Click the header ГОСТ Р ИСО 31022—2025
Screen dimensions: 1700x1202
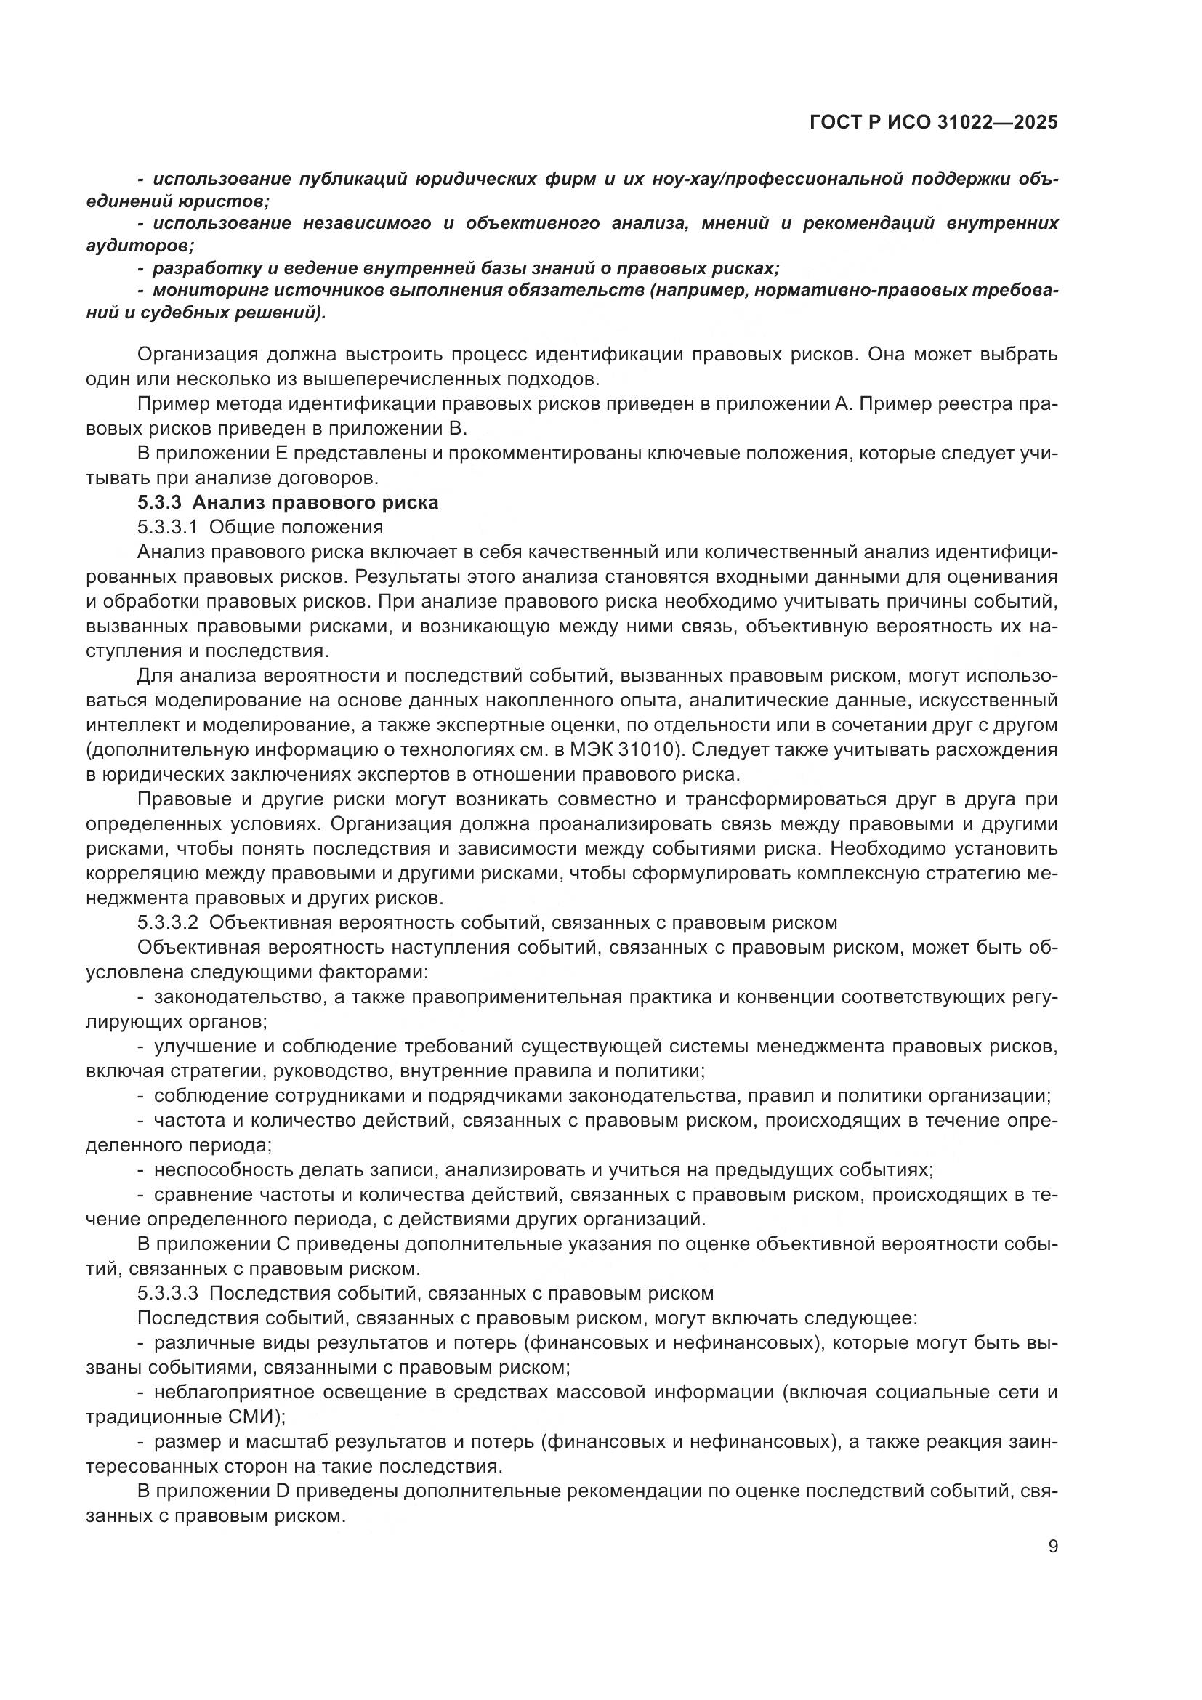933,123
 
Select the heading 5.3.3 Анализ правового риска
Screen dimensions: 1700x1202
288,503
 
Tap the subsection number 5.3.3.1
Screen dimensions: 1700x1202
168,527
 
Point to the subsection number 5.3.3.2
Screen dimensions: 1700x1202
168,922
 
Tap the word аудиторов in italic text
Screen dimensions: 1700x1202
138,246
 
